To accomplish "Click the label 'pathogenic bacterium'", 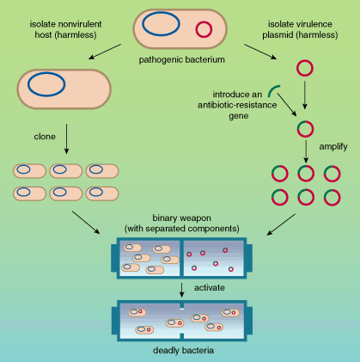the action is coord(181,59).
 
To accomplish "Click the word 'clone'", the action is coord(45,137).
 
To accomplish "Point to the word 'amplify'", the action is coord(333,146).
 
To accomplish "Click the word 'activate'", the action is coord(210,287).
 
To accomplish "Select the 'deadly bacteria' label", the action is coord(183,350).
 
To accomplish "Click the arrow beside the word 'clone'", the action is coord(66,138).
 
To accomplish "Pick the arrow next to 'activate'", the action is coord(181,290).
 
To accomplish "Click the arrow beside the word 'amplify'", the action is coord(306,151).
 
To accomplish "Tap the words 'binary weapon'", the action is coord(181,218).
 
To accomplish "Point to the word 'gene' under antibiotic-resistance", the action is coord(239,116).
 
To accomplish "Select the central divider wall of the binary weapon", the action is coord(181,259).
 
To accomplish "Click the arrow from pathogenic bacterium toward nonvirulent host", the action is coord(105,52).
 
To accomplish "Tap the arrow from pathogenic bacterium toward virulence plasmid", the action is coord(260,52).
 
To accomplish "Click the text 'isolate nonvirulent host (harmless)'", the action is coord(65,29).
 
